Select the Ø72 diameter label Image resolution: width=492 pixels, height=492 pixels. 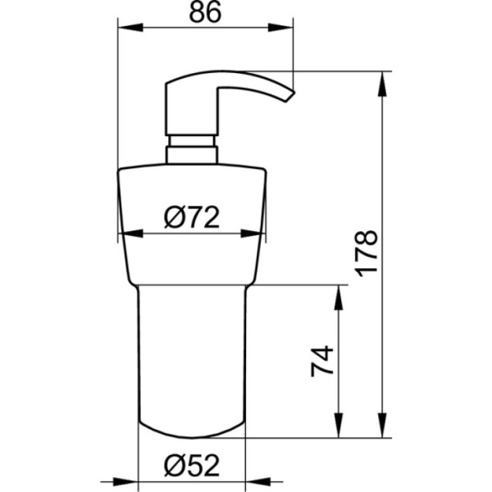pyautogui.click(x=190, y=216)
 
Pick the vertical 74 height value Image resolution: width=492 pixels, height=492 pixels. pyautogui.click(x=323, y=362)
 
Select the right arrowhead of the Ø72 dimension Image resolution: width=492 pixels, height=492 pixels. pyautogui.click(x=259, y=233)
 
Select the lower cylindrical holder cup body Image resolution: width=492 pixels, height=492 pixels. pyautogui.click(x=191, y=361)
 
